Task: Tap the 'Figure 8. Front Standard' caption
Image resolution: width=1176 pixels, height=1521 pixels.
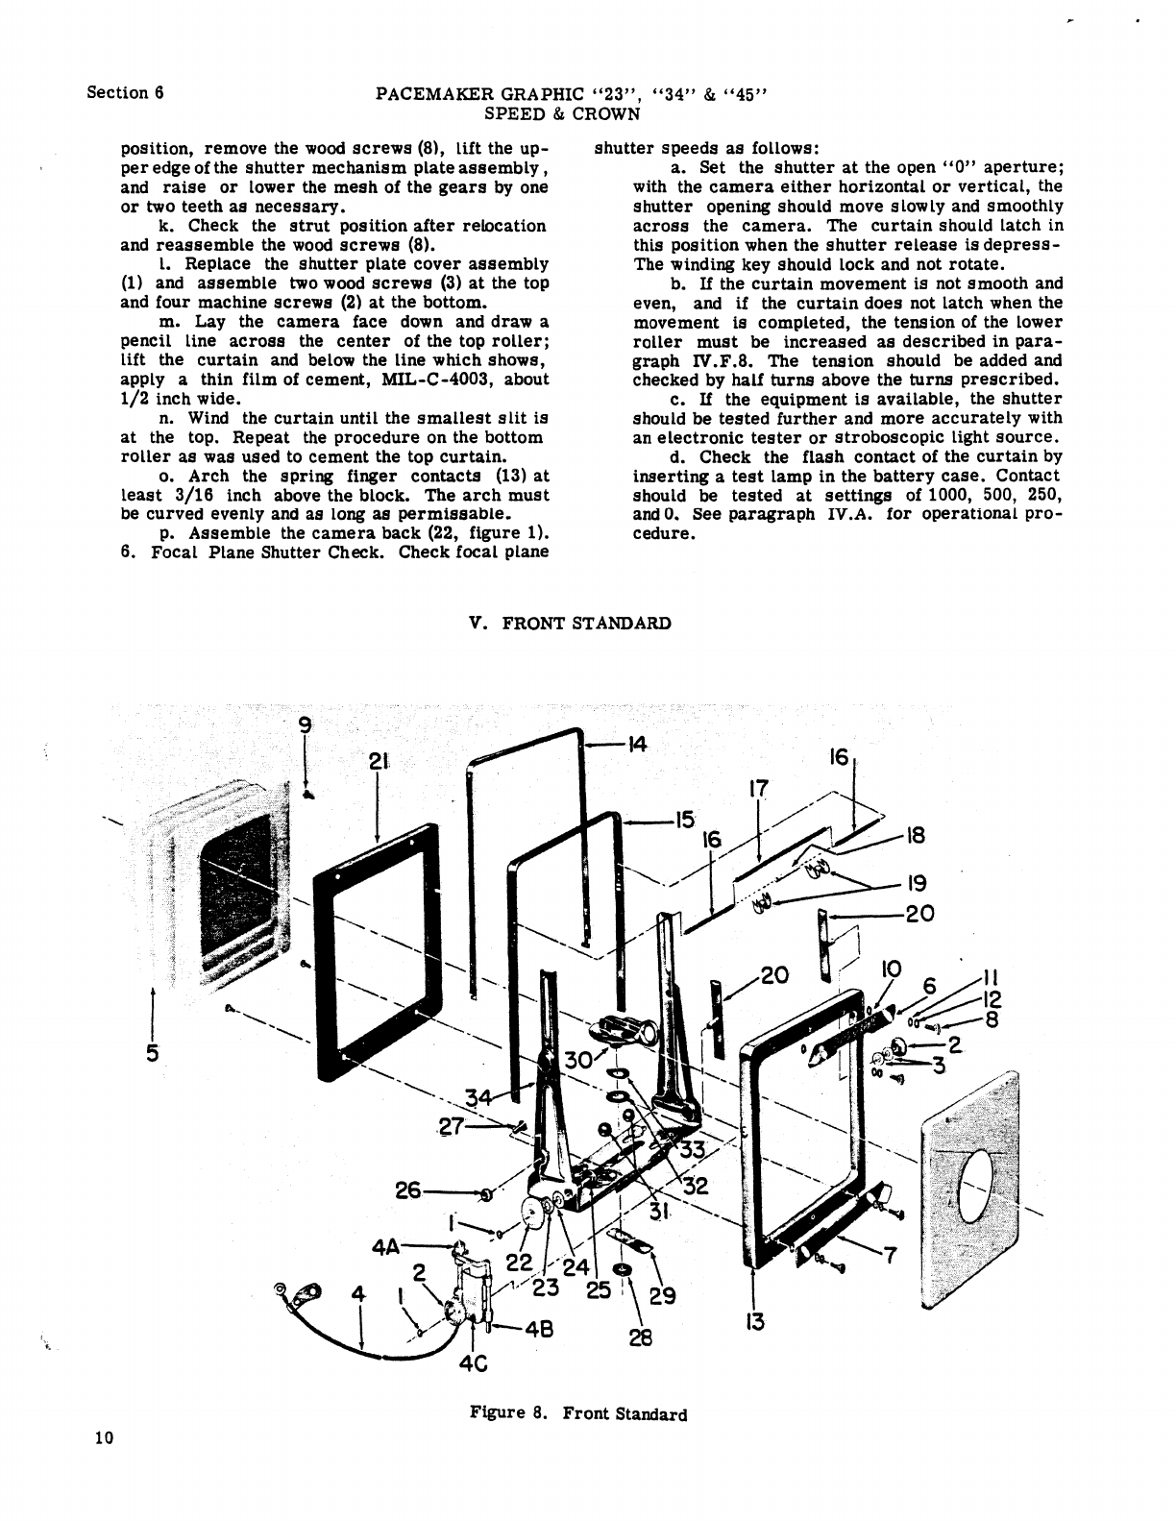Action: (x=578, y=1413)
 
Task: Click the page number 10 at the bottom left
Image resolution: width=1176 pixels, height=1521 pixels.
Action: (x=105, y=1437)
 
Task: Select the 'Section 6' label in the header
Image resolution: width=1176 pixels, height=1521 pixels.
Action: (x=126, y=92)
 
